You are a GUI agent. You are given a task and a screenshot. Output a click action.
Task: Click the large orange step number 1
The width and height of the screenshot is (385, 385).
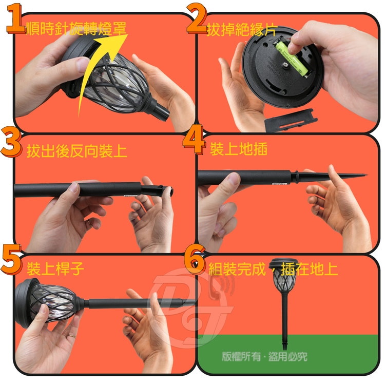tap(15, 18)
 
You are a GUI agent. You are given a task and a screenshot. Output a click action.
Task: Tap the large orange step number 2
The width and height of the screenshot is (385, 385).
tap(197, 18)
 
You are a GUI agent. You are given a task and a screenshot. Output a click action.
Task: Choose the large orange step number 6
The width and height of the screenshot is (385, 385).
tap(195, 260)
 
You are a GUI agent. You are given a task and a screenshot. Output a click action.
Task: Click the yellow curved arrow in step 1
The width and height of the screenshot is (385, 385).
tap(98, 71)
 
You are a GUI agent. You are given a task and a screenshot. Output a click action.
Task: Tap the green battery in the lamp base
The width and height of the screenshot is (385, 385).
tap(292, 58)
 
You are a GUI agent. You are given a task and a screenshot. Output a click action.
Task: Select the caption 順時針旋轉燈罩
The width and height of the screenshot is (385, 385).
tap(76, 28)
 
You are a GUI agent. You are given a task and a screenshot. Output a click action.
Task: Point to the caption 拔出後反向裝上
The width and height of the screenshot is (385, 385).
tap(76, 150)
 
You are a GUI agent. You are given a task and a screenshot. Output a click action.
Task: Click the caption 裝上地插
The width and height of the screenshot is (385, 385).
tap(239, 149)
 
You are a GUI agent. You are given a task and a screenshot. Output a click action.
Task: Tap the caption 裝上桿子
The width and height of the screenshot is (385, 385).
tap(55, 268)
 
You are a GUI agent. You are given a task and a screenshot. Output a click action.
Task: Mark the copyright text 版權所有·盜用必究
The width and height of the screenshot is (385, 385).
tap(264, 357)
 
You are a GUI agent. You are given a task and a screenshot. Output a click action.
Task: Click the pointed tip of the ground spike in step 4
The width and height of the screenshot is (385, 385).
tap(367, 175)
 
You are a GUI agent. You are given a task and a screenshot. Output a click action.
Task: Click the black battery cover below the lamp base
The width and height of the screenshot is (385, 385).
tap(291, 120)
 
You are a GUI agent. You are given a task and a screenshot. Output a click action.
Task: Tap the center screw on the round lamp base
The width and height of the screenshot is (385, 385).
tap(285, 65)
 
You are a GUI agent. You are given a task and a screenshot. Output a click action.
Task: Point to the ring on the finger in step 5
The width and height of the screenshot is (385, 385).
tap(72, 335)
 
